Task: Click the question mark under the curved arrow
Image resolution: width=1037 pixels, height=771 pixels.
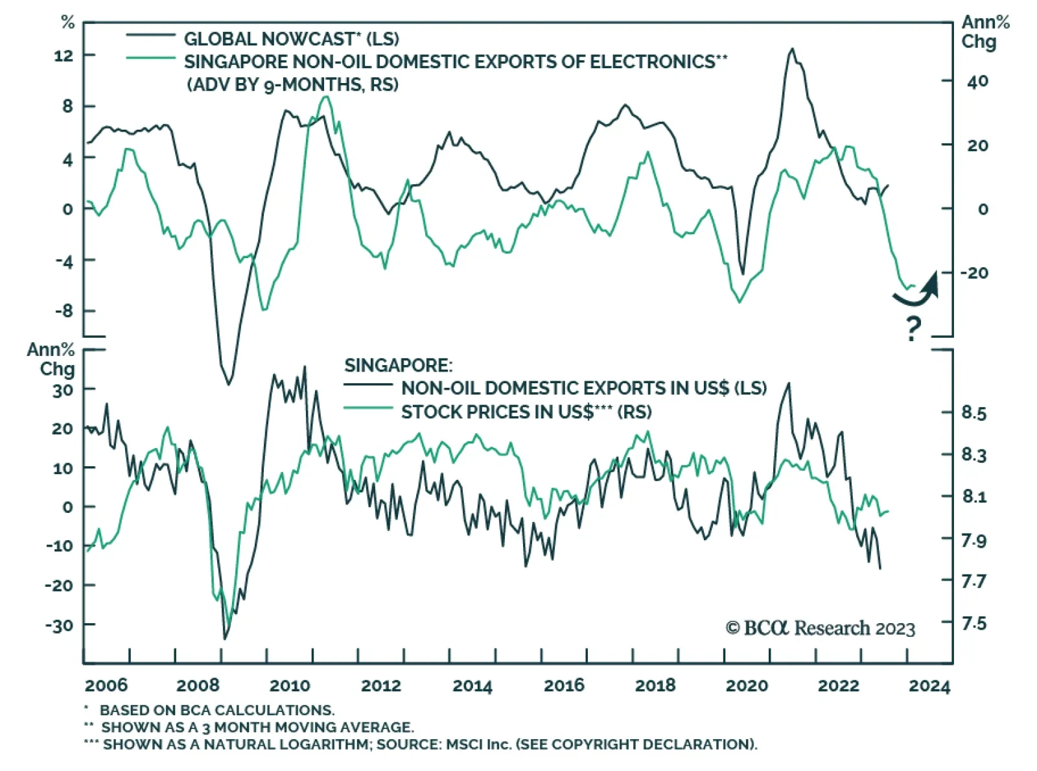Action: pyautogui.click(x=913, y=329)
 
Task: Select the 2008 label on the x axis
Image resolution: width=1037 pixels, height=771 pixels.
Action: pyautogui.click(x=198, y=685)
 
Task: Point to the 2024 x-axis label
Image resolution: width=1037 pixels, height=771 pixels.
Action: pyautogui.click(x=929, y=685)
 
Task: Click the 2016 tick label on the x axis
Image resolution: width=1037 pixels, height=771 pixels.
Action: pyautogui.click(x=564, y=685)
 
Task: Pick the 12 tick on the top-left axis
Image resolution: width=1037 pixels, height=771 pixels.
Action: pyautogui.click(x=64, y=56)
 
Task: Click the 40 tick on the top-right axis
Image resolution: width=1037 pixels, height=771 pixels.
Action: pyautogui.click(x=977, y=81)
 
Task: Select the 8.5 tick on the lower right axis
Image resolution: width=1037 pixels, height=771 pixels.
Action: pyautogui.click(x=973, y=413)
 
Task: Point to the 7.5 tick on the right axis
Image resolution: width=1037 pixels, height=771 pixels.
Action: pyautogui.click(x=973, y=623)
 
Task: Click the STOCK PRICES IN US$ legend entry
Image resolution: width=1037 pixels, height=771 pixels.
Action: pyautogui.click(x=526, y=412)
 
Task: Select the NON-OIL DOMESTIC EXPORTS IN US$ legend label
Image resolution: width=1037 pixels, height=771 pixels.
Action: pyautogui.click(x=583, y=388)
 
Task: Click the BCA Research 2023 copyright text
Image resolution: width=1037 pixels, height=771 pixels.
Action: pyautogui.click(x=821, y=628)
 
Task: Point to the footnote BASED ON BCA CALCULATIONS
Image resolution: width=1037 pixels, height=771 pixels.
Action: pyautogui.click(x=217, y=710)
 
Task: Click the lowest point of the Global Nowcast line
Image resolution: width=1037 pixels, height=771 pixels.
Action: pyautogui.click(x=228, y=385)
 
